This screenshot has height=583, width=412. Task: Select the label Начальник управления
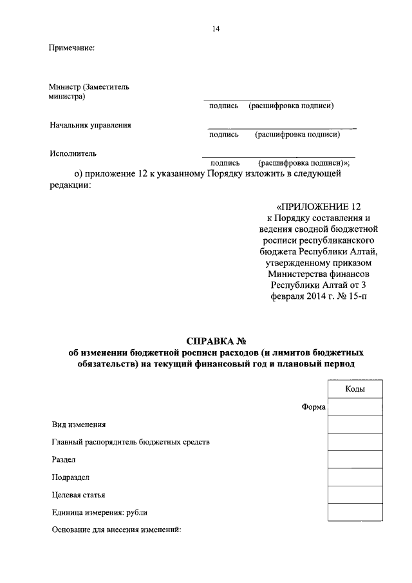tap(91, 125)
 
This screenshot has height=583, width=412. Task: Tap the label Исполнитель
tap(73, 153)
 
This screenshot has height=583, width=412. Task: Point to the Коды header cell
tap(355, 389)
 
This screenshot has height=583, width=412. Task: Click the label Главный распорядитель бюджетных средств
tap(130, 443)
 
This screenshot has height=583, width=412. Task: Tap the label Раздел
tap(64, 460)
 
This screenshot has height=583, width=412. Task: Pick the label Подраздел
tap(70, 477)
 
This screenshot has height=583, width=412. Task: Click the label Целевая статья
tap(78, 495)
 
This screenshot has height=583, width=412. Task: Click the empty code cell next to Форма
tap(355, 407)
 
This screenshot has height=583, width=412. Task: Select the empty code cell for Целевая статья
tap(355, 494)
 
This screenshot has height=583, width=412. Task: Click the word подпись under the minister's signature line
tap(223, 106)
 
